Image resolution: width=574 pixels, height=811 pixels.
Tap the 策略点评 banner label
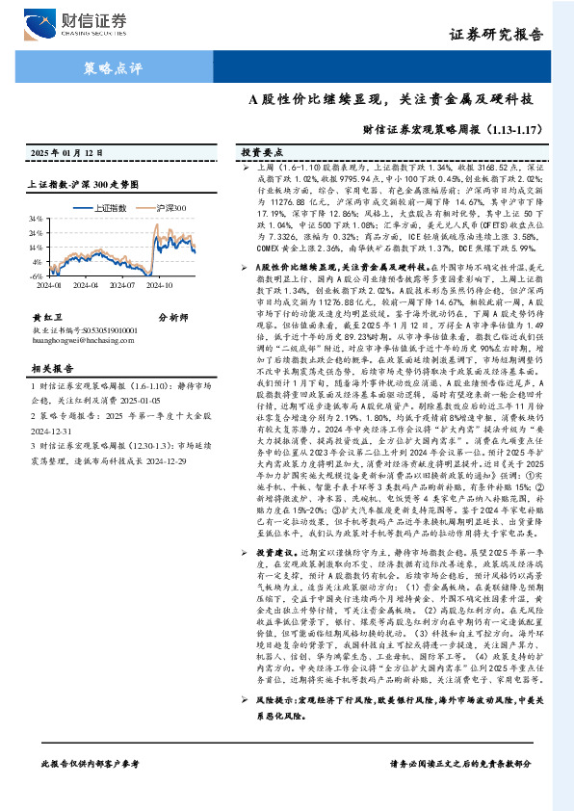[x=107, y=68]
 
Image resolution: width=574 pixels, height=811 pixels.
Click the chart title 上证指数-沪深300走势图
[x=84, y=182]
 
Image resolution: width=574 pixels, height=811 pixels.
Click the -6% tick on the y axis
[x=36, y=275]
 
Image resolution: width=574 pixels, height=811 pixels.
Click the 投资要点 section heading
[x=262, y=153]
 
